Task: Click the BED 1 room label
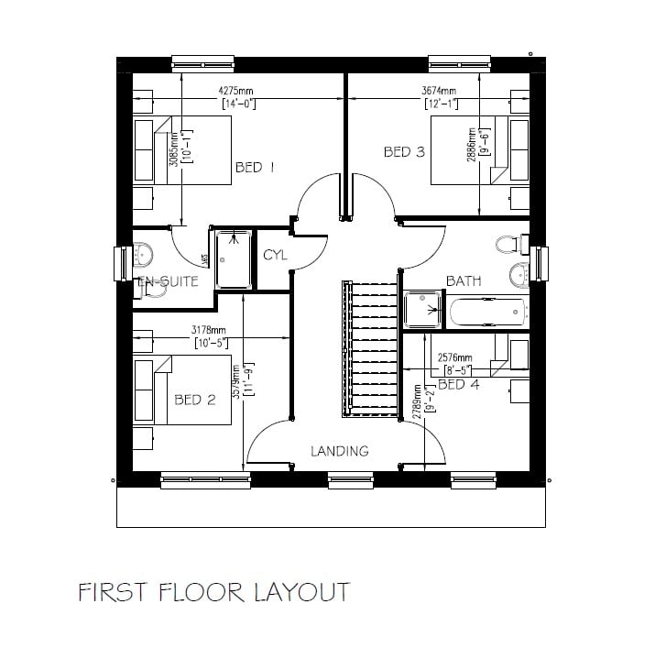coord(255,167)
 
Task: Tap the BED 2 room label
coord(194,400)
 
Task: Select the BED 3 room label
coord(404,152)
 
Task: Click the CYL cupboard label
coord(275,255)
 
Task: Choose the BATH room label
coord(464,280)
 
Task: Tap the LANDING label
coord(339,451)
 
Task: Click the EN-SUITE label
coord(168,281)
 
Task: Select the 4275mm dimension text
coord(236,92)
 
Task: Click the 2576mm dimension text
coord(455,357)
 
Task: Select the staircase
coord(371,348)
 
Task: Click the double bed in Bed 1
coord(183,150)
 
